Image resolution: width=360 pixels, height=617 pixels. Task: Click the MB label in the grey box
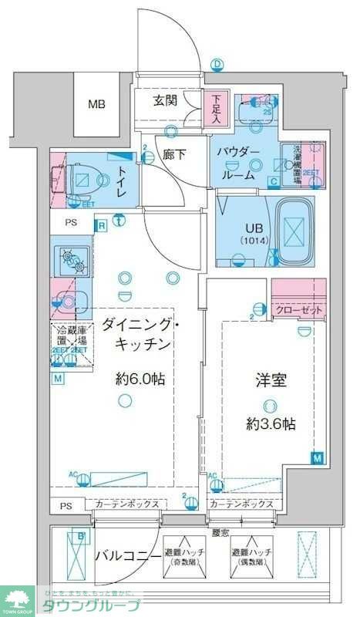pos(96,105)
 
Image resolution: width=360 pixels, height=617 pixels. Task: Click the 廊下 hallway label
pos(175,154)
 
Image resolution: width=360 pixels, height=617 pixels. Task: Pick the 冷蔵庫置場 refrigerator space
pos(71,339)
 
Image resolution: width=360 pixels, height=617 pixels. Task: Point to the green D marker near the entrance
pos(217,65)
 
